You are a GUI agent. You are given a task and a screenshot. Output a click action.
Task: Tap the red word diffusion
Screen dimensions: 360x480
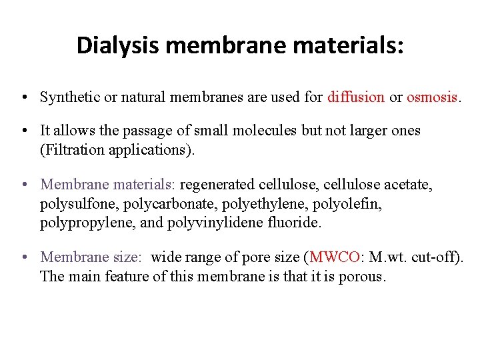[x=356, y=97]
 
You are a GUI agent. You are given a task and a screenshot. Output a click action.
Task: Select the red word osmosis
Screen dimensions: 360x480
[x=432, y=97]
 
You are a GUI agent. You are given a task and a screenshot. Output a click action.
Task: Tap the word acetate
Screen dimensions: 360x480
[x=408, y=183]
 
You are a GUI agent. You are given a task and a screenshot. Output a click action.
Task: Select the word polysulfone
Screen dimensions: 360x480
[x=73, y=203]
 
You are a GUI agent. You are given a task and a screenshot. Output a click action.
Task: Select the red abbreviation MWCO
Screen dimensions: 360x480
[x=333, y=257]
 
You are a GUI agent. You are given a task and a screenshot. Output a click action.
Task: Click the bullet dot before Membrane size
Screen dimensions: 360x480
[x=23, y=257]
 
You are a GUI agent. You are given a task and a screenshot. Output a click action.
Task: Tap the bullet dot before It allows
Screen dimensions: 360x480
[x=23, y=131]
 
